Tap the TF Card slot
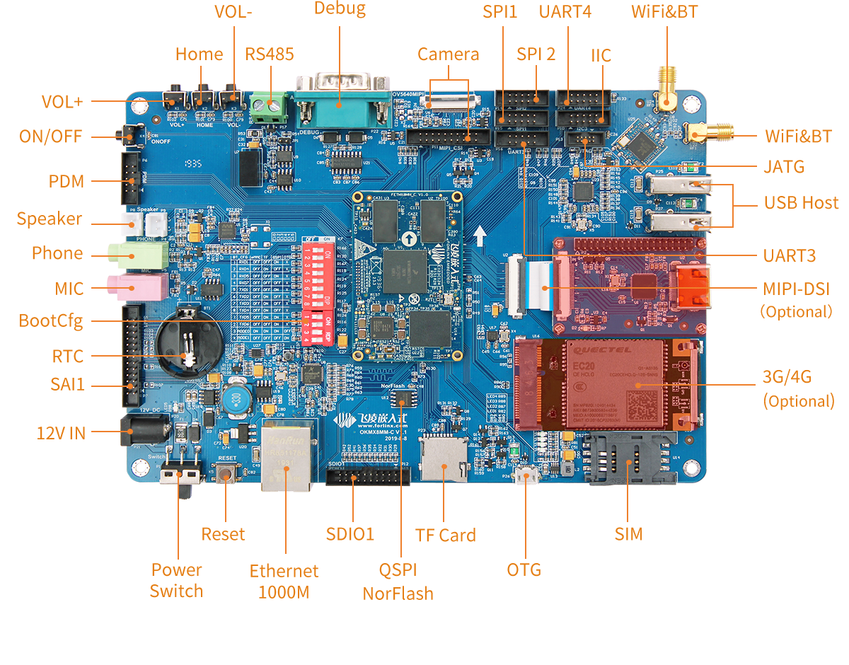click(x=443, y=457)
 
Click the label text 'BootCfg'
click(x=52, y=321)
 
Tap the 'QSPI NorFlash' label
click(x=398, y=582)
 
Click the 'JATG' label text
click(x=784, y=167)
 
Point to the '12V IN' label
click(x=61, y=432)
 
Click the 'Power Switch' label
click(x=176, y=580)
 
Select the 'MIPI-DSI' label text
click(x=797, y=289)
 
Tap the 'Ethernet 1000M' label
click(x=284, y=581)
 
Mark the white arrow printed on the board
click(x=480, y=236)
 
